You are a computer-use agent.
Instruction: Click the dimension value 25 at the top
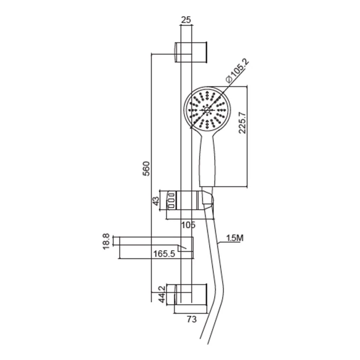tap(186, 20)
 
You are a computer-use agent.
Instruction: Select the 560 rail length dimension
tap(147, 169)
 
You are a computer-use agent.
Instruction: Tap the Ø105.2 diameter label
tap(237, 71)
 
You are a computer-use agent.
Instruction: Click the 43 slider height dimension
tap(156, 201)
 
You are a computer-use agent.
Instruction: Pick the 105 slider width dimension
tap(188, 225)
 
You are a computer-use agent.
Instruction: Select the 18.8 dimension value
tap(107, 242)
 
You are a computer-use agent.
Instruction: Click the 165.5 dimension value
tap(164, 254)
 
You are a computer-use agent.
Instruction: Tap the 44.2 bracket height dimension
tap(162, 294)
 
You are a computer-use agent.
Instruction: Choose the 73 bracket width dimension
tap(192, 319)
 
